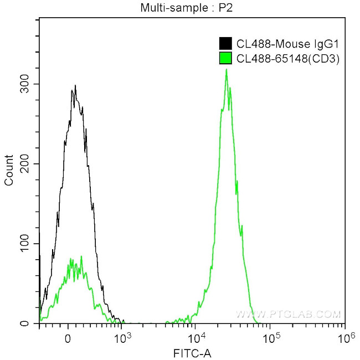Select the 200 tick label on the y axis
(x=25, y=164)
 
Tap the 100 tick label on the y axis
(x=25, y=244)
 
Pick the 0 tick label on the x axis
(x=68, y=339)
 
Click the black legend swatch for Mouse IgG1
(x=225, y=44)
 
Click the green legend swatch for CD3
(x=225, y=58)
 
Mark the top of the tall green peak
(x=226, y=70)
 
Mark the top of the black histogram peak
(x=75, y=86)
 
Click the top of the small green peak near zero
(x=81, y=256)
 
